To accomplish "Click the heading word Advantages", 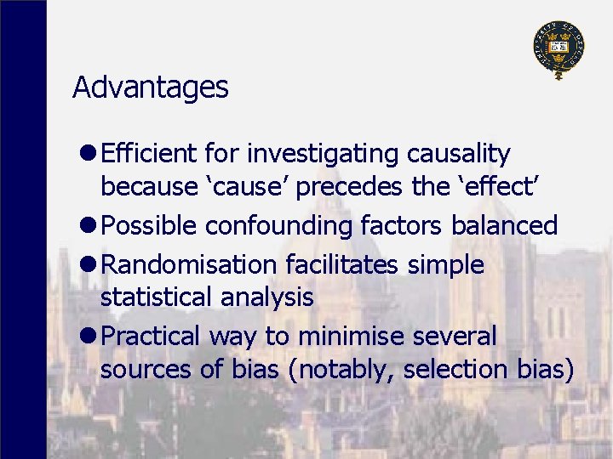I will coord(151,87).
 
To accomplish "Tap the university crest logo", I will coord(559,48).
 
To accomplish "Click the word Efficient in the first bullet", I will coord(149,154).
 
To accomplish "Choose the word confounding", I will coord(278,225).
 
